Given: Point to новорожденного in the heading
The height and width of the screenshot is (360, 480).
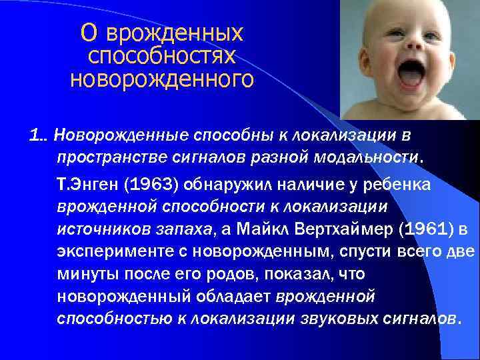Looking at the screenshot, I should pos(162,80).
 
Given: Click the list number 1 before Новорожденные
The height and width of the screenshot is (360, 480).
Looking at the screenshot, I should pos(34,135).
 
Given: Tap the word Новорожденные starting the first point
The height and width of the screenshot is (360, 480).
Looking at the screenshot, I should pos(109,135).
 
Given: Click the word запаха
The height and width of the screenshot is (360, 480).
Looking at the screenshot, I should pos(189,230).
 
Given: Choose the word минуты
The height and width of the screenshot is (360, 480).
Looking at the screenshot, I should pos(84,275).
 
